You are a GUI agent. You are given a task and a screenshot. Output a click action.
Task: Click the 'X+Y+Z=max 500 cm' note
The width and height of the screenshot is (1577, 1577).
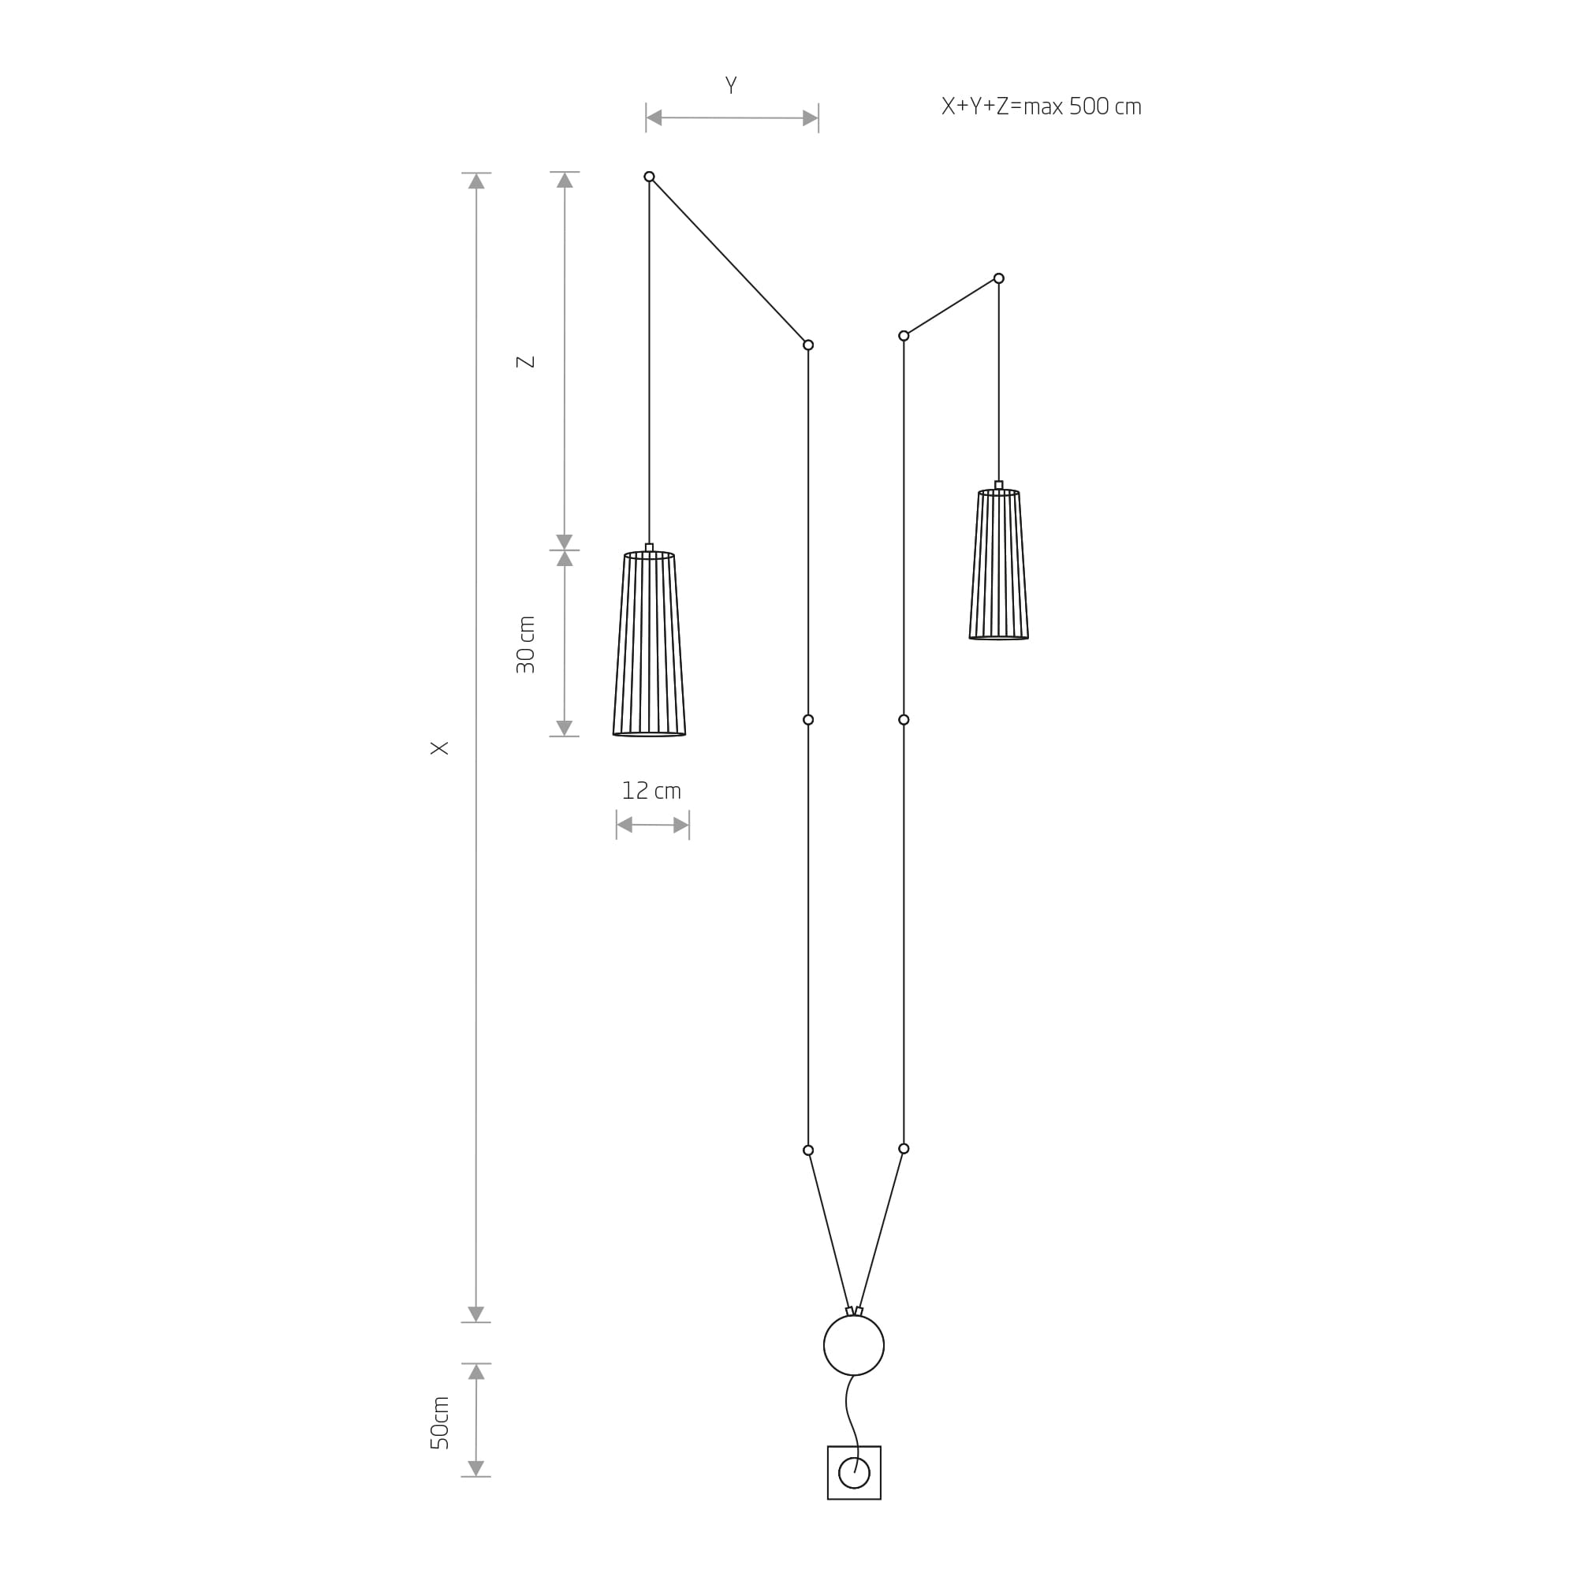(1041, 107)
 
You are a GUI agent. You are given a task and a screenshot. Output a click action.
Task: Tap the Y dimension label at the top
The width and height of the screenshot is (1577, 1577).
(731, 86)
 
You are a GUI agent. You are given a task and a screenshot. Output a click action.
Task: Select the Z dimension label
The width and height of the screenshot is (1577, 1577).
(526, 362)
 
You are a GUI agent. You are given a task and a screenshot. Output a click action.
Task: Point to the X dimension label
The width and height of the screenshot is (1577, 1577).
(439, 747)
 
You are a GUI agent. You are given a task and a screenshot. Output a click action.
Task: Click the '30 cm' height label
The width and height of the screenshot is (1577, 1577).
(526, 645)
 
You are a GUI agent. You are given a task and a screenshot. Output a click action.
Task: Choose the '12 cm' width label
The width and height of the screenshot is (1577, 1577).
(651, 790)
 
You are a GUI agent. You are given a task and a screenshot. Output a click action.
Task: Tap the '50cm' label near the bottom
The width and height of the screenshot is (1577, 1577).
(439, 1422)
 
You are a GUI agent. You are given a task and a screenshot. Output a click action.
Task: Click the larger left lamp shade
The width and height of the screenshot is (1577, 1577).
(649, 644)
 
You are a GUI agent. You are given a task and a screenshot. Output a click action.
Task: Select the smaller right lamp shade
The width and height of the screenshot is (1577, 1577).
(998, 564)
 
